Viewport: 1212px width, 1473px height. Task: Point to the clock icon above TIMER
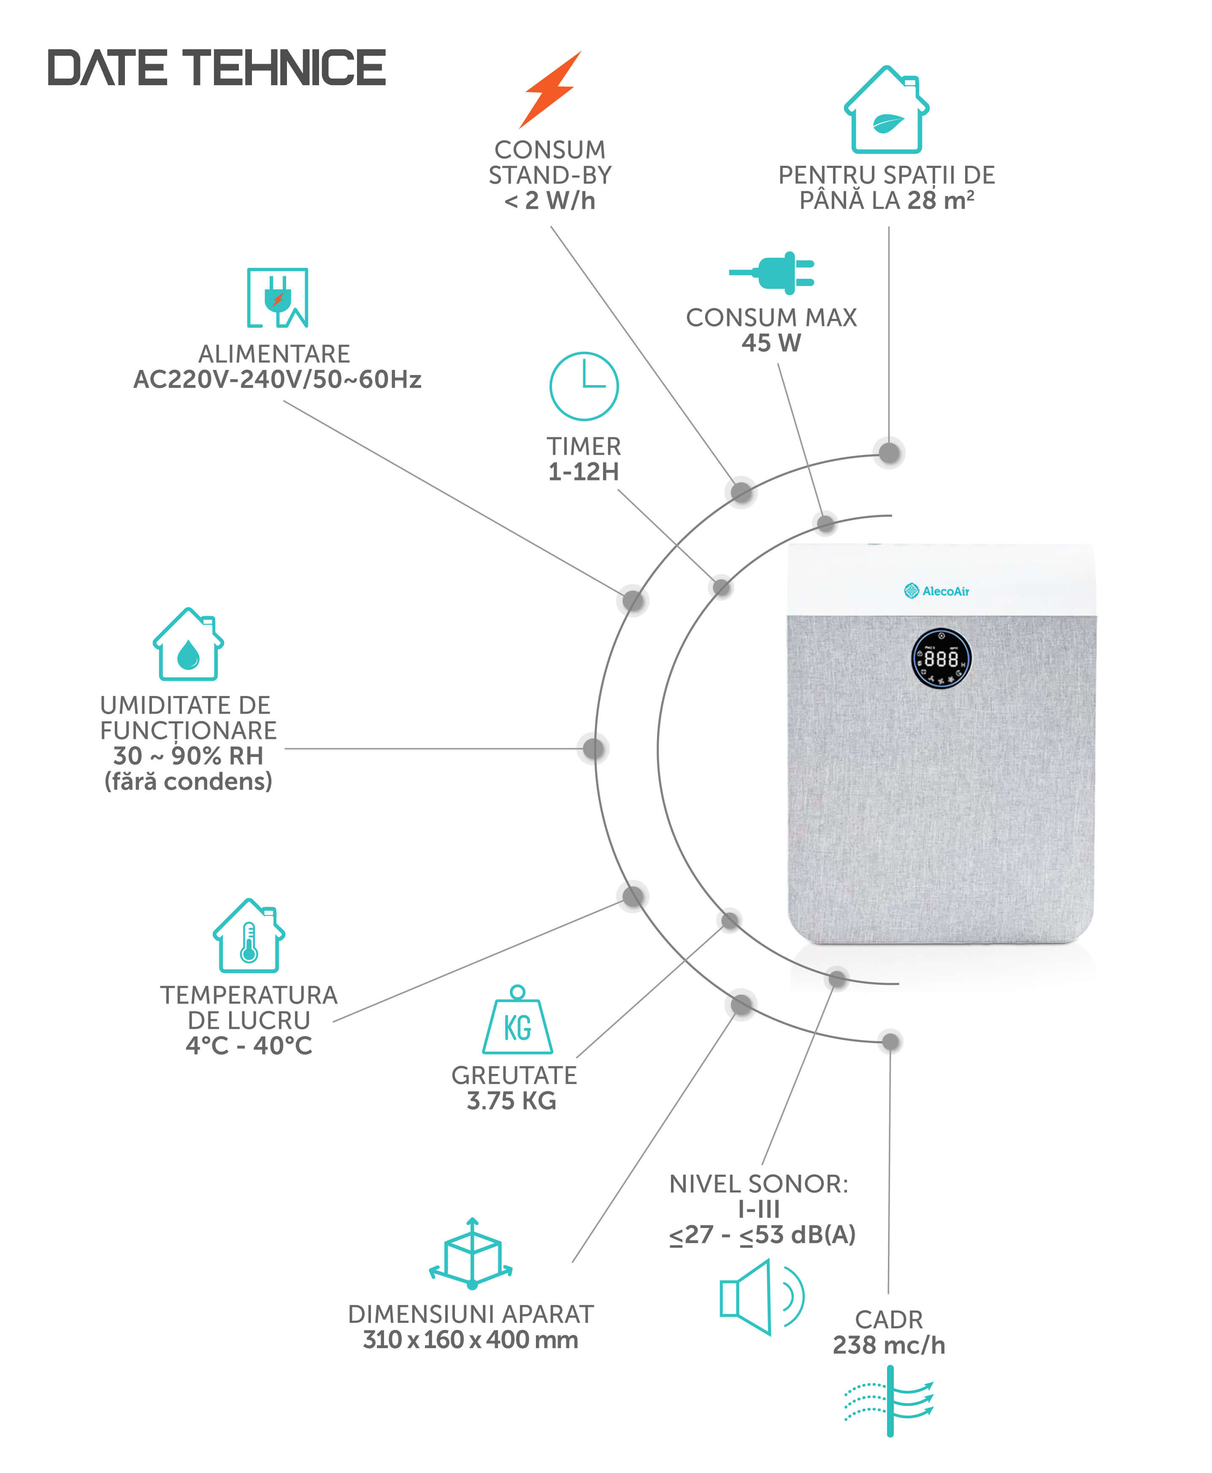[x=584, y=386]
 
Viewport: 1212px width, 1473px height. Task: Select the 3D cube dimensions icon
[x=471, y=1254]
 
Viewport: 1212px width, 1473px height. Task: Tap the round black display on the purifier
[x=941, y=658]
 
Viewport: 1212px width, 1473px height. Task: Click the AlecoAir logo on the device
[x=936, y=591]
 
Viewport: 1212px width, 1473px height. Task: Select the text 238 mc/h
[x=889, y=1345]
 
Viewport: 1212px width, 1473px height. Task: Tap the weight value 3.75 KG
[x=512, y=1101]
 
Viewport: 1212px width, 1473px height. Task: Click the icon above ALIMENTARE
[x=277, y=298]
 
